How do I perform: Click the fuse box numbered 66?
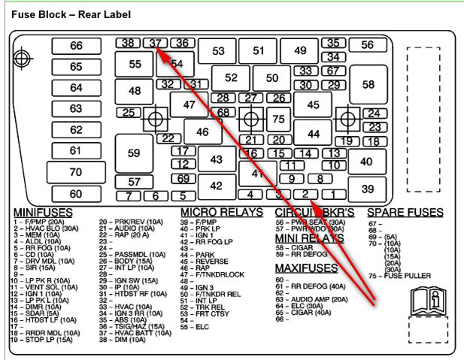pos(76,46)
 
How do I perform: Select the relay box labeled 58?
pos(368,85)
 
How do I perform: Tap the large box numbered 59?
pos(134,153)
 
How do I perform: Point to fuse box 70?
pos(76,172)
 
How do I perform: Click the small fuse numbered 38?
pos(129,43)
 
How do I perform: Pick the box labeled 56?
pos(367,45)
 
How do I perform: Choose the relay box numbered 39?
pos(367,189)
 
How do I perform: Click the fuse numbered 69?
pos(183,179)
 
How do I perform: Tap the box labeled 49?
pos(301,51)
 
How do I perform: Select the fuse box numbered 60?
pos(76,193)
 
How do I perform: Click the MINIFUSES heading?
pos(43,213)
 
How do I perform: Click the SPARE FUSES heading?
pos(405,213)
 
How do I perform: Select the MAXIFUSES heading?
pos(305,268)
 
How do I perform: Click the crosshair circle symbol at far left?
pos(23,57)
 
